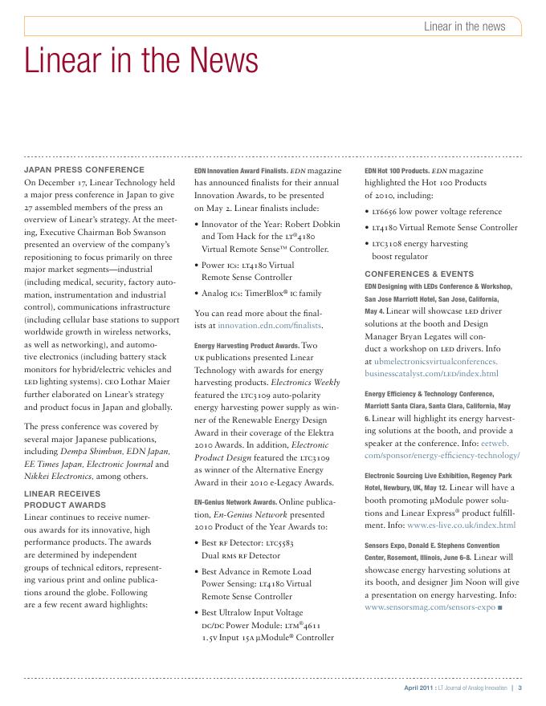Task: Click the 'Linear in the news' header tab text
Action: pos(464,26)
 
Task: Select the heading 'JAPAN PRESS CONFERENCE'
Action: pos(84,170)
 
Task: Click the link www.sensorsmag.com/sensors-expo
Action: pos(428,608)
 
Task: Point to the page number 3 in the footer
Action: pos(520,688)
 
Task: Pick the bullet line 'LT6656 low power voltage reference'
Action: pos(440,211)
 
